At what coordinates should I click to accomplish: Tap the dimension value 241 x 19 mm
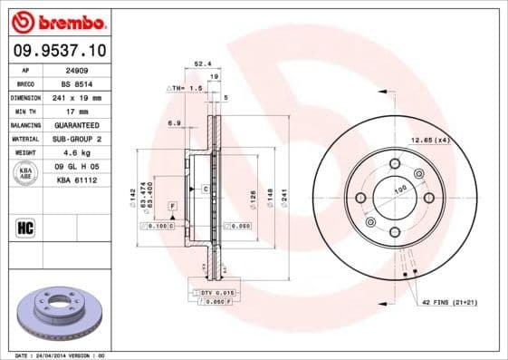coord(80,96)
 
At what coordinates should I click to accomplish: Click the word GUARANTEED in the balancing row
coord(80,124)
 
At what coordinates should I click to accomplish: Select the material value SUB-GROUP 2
coord(80,138)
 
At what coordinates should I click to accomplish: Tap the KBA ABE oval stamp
coord(26,173)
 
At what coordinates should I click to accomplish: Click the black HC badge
coord(26,227)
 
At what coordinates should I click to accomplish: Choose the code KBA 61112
coord(78,180)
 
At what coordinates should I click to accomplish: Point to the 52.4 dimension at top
coord(203,64)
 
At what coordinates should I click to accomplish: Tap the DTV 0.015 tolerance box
coord(217,292)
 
